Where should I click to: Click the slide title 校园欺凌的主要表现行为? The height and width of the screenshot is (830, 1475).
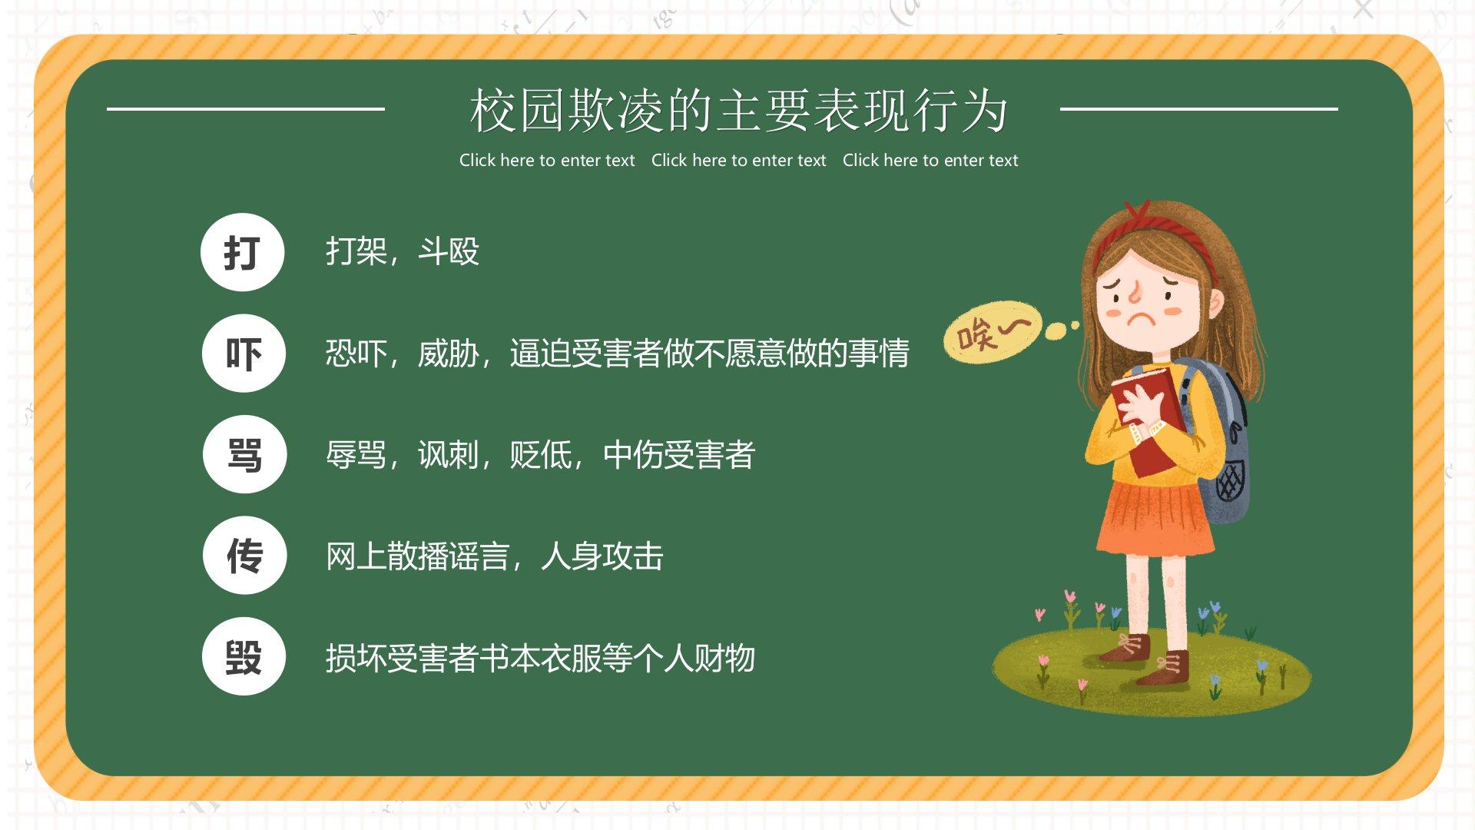(738, 111)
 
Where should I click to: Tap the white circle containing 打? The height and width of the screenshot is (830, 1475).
(243, 252)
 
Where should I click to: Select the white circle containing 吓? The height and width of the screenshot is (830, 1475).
(244, 354)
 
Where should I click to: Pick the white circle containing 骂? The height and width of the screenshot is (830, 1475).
(244, 454)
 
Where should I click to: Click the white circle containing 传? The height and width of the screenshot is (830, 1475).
(244, 555)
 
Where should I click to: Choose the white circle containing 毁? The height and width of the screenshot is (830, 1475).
(244, 656)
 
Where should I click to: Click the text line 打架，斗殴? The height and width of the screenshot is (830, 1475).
(403, 251)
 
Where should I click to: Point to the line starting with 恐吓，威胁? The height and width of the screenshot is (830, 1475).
(618, 354)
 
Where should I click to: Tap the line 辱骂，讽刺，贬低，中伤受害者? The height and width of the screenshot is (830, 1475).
(541, 455)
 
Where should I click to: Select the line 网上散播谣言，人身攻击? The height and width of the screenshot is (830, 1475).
(495, 556)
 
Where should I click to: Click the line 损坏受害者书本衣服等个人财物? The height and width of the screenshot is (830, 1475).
(541, 658)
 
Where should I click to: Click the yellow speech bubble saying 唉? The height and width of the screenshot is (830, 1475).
(993, 332)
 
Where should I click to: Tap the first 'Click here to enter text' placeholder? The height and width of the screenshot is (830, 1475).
(547, 161)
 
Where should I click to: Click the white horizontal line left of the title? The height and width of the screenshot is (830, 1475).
(246, 109)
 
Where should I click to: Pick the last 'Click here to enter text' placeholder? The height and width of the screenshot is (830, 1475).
(930, 161)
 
